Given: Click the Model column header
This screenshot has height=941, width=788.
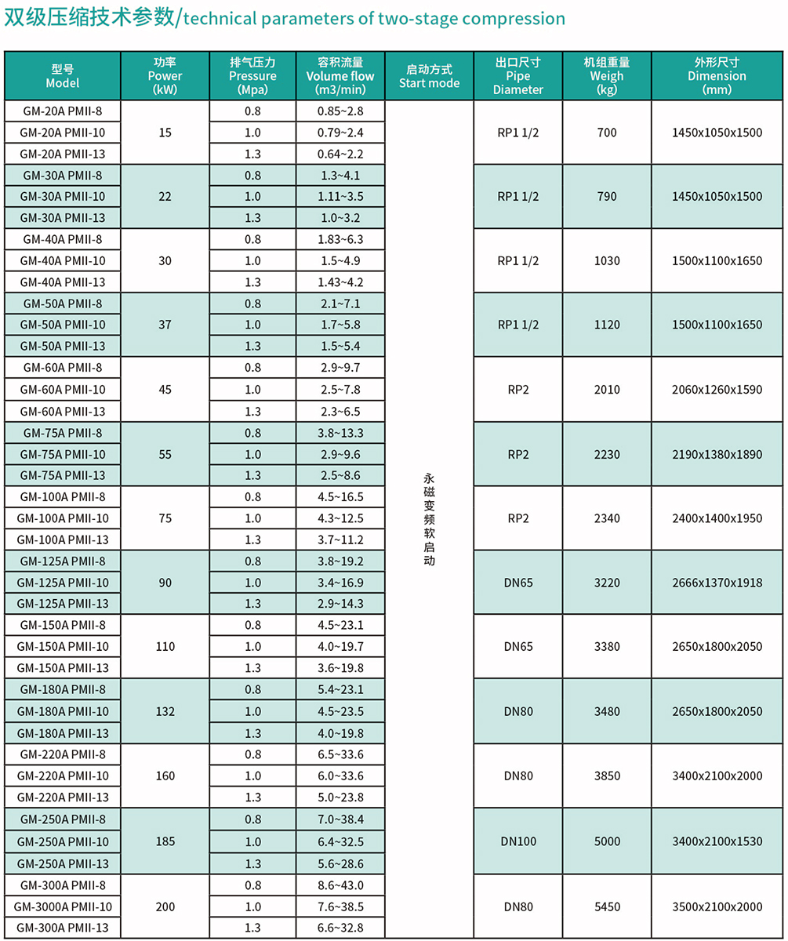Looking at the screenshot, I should [63, 76].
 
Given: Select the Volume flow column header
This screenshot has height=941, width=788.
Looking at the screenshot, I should [340, 76].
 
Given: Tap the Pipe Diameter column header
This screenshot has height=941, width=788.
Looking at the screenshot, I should [517, 76].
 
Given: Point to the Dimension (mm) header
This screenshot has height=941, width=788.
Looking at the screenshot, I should [717, 76].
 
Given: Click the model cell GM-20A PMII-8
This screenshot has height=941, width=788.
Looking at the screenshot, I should [63, 111].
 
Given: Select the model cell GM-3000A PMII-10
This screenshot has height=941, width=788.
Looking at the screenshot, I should [63, 906].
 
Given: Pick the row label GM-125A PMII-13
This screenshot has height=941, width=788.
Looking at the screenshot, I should [63, 603].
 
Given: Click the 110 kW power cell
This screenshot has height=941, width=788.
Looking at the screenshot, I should [165, 647].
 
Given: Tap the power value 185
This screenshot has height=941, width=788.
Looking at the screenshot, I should [165, 841].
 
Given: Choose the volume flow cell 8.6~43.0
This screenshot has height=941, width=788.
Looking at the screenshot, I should [340, 885].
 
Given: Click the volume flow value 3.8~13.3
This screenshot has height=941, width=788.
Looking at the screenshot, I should [340, 433].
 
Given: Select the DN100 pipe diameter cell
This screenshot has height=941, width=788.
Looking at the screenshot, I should [518, 841].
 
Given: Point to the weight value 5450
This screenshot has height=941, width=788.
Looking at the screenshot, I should [607, 906].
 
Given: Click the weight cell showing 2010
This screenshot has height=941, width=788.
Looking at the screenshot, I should [607, 390].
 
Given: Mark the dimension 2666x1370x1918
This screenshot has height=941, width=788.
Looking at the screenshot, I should [717, 582].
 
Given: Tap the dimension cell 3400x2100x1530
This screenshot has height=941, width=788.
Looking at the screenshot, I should [717, 841].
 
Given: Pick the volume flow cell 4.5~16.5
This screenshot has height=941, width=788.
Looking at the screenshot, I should [340, 496].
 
